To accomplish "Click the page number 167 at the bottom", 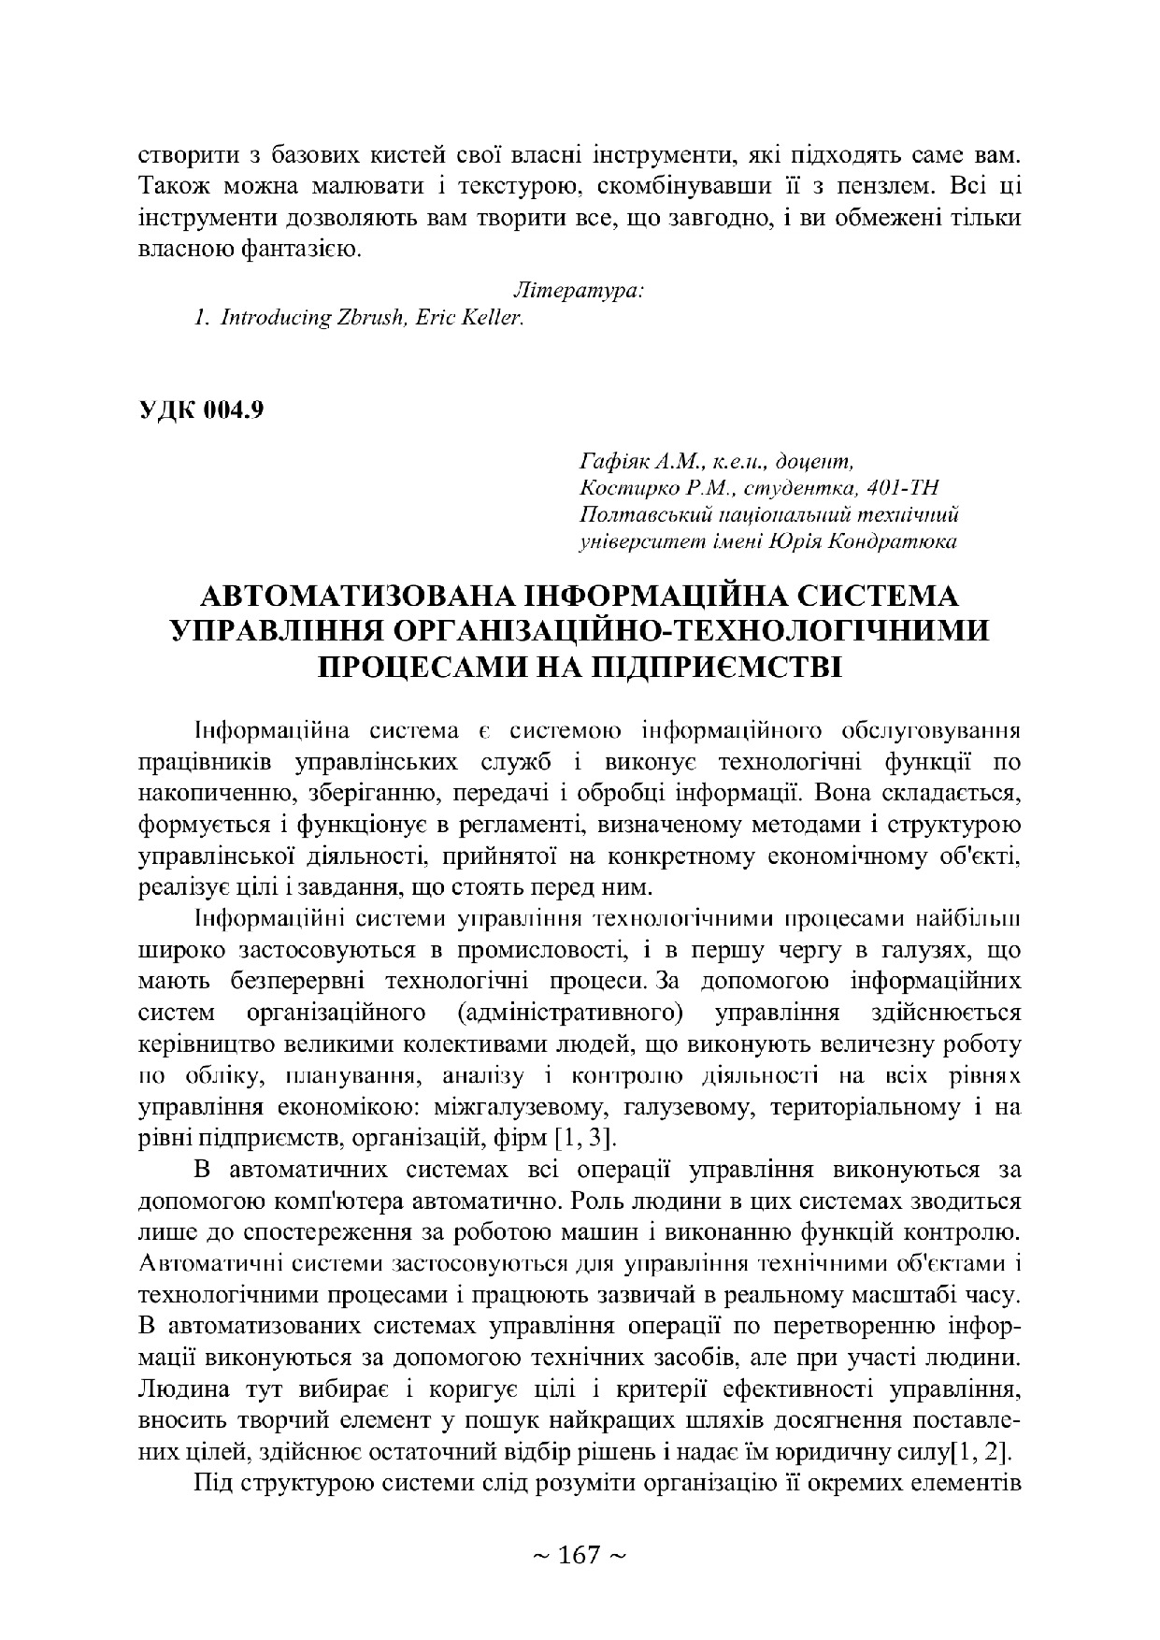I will click(x=579, y=1556).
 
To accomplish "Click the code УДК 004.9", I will click(x=201, y=410).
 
